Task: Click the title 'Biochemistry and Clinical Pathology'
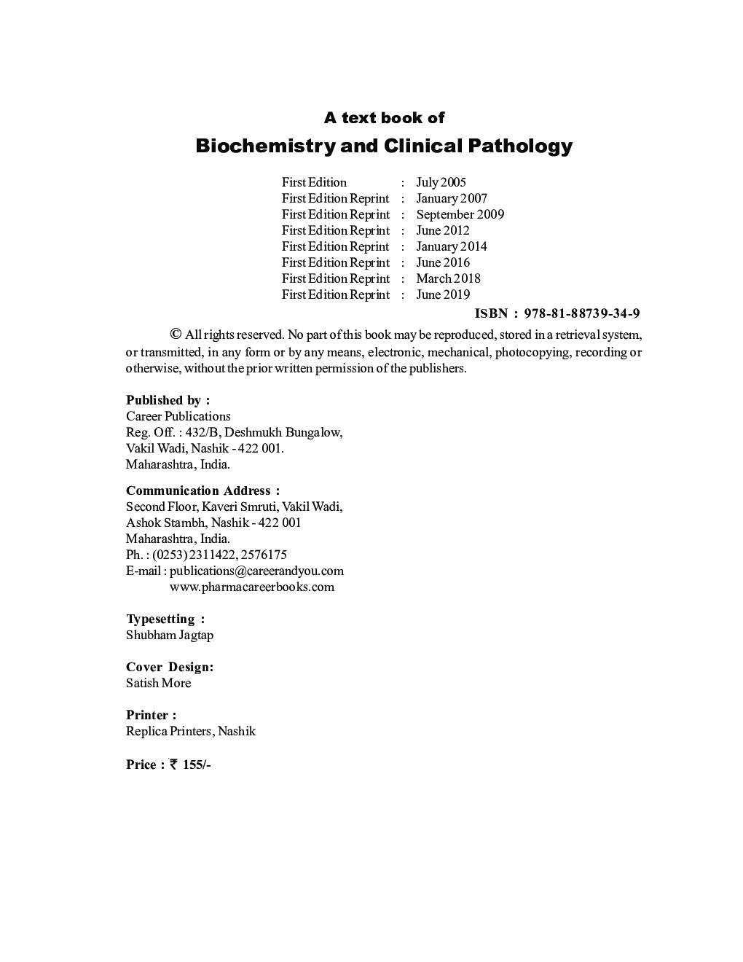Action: pyautogui.click(x=384, y=146)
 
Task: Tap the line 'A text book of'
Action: pyautogui.click(x=384, y=117)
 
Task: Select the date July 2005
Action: pyautogui.click(x=441, y=182)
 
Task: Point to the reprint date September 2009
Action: pyautogui.click(x=460, y=214)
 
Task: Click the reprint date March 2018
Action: pyautogui.click(x=448, y=278)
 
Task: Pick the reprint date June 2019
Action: pyautogui.click(x=443, y=294)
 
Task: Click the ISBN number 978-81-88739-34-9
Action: pyautogui.click(x=582, y=313)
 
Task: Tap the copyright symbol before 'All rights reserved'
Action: pyautogui.click(x=175, y=335)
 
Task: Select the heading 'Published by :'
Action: pyautogui.click(x=168, y=400)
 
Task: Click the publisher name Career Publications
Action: pyautogui.click(x=178, y=416)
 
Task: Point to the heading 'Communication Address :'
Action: pyautogui.click(x=203, y=490)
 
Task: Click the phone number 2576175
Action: pyautogui.click(x=264, y=555)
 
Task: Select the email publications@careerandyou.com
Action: pyautogui.click(x=256, y=571)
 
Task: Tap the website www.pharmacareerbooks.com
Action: pyautogui.click(x=251, y=587)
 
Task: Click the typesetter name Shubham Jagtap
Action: pyautogui.click(x=170, y=635)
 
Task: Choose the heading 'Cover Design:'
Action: pyautogui.click(x=170, y=667)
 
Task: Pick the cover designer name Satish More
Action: pyautogui.click(x=158, y=683)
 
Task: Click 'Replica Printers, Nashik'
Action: pyautogui.click(x=191, y=731)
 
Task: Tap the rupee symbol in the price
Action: pyautogui.click(x=173, y=764)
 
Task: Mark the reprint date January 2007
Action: pyautogui.click(x=452, y=198)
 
